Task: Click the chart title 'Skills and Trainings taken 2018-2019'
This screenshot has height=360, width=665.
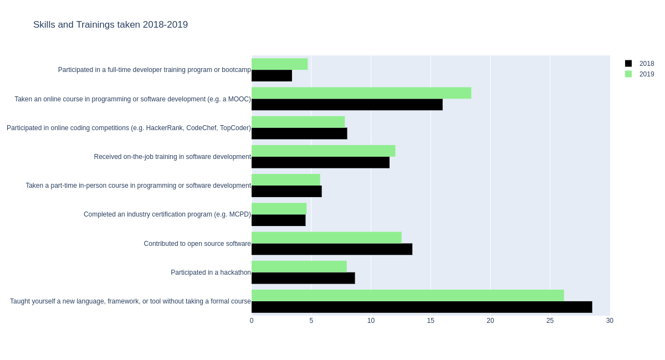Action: pyautogui.click(x=110, y=25)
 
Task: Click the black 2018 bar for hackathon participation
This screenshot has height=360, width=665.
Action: pyautogui.click(x=303, y=278)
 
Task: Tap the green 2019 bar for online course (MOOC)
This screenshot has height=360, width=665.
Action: pyautogui.click(x=361, y=93)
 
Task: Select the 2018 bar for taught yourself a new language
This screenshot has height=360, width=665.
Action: pyautogui.click(x=422, y=307)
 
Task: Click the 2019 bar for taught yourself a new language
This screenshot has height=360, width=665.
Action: pyautogui.click(x=407, y=295)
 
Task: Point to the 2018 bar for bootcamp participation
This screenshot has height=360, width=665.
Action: pyautogui.click(x=272, y=76)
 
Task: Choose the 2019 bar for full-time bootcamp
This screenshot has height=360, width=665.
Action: pyautogui.click(x=279, y=64)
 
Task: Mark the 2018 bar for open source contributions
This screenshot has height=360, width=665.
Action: pyautogui.click(x=332, y=249)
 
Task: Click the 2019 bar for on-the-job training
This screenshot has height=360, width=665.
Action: pyautogui.click(x=323, y=151)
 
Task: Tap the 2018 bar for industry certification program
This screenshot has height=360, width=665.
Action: pyautogui.click(x=278, y=220)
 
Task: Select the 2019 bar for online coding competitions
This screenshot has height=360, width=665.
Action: pyautogui.click(x=298, y=122)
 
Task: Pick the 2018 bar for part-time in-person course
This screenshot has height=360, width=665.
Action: pyautogui.click(x=287, y=192)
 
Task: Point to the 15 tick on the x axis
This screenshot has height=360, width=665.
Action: pyautogui.click(x=431, y=321)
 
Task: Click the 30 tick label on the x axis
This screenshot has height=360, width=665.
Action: pyautogui.click(x=610, y=321)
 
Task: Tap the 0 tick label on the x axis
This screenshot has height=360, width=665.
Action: pyautogui.click(x=252, y=321)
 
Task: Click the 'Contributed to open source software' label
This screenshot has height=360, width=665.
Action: pyautogui.click(x=197, y=244)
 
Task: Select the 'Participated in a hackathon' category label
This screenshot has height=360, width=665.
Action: pyautogui.click(x=211, y=272)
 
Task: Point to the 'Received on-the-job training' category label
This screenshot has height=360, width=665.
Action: pyautogui.click(x=172, y=157)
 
